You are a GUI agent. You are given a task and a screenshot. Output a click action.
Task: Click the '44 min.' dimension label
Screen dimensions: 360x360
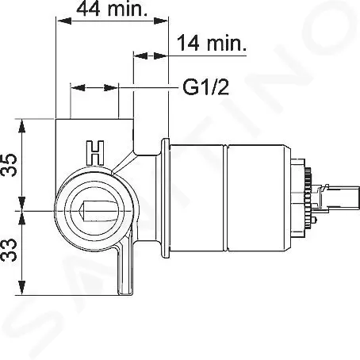pyautogui.click(x=112, y=9)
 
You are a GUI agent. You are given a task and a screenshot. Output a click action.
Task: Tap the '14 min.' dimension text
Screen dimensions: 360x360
pyautogui.click(x=212, y=43)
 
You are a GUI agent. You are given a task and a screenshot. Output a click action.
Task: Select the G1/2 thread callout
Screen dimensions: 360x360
pyautogui.click(x=206, y=87)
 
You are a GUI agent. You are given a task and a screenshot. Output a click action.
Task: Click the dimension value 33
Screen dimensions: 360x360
pyautogui.click(x=10, y=250)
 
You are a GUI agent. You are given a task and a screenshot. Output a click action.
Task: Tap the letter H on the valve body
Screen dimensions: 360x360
pyautogui.click(x=95, y=153)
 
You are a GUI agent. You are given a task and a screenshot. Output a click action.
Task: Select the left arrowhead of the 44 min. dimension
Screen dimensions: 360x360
pyautogui.click(x=64, y=21)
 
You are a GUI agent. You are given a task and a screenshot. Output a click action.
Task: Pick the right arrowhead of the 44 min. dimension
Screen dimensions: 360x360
pyautogui.click(x=160, y=21)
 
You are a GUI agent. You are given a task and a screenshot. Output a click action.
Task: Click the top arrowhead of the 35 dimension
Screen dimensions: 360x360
pyautogui.click(x=22, y=126)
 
